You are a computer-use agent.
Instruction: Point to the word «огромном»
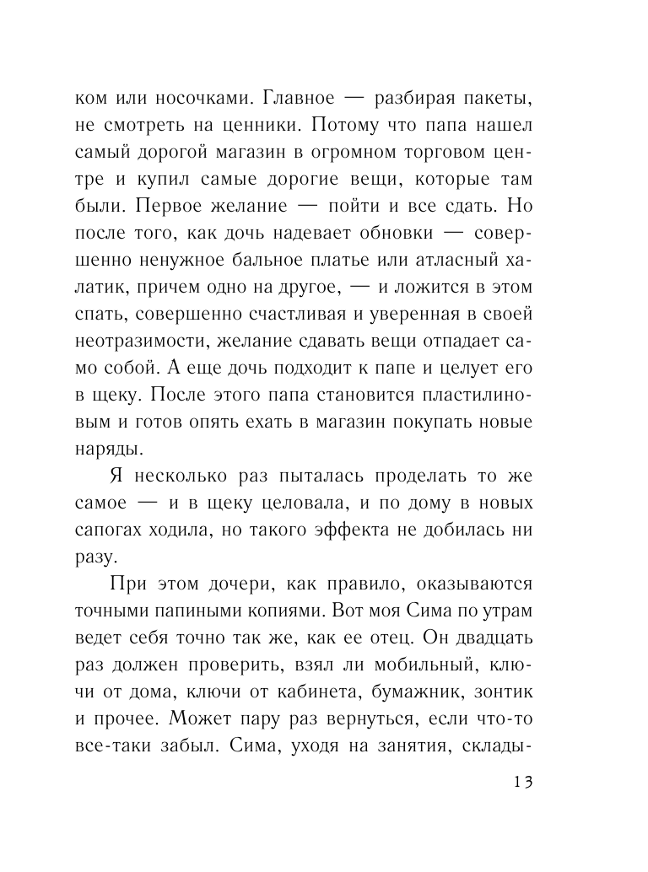370,153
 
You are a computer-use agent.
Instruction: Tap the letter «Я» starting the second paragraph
118,477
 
